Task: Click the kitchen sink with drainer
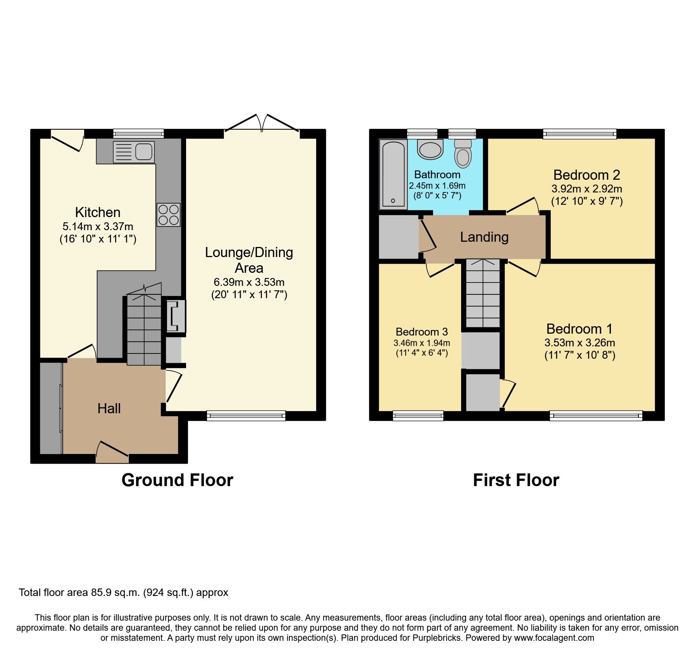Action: tap(133, 152)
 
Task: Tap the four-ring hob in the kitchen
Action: tap(169, 215)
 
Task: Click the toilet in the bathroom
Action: tap(463, 154)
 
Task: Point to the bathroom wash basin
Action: tap(430, 149)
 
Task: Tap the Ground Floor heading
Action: tap(177, 480)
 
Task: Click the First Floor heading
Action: tap(516, 480)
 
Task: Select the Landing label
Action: tap(484, 237)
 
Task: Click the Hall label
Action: tap(109, 408)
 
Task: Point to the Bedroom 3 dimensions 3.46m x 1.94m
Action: tap(421, 343)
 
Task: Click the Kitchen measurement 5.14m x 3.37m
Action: tap(98, 226)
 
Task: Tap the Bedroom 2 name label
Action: tap(586, 175)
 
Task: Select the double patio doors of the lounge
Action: tap(262, 123)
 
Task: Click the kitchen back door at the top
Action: tap(67, 141)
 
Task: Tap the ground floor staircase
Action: tap(144, 329)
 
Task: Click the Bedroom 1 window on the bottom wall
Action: tap(596, 415)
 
